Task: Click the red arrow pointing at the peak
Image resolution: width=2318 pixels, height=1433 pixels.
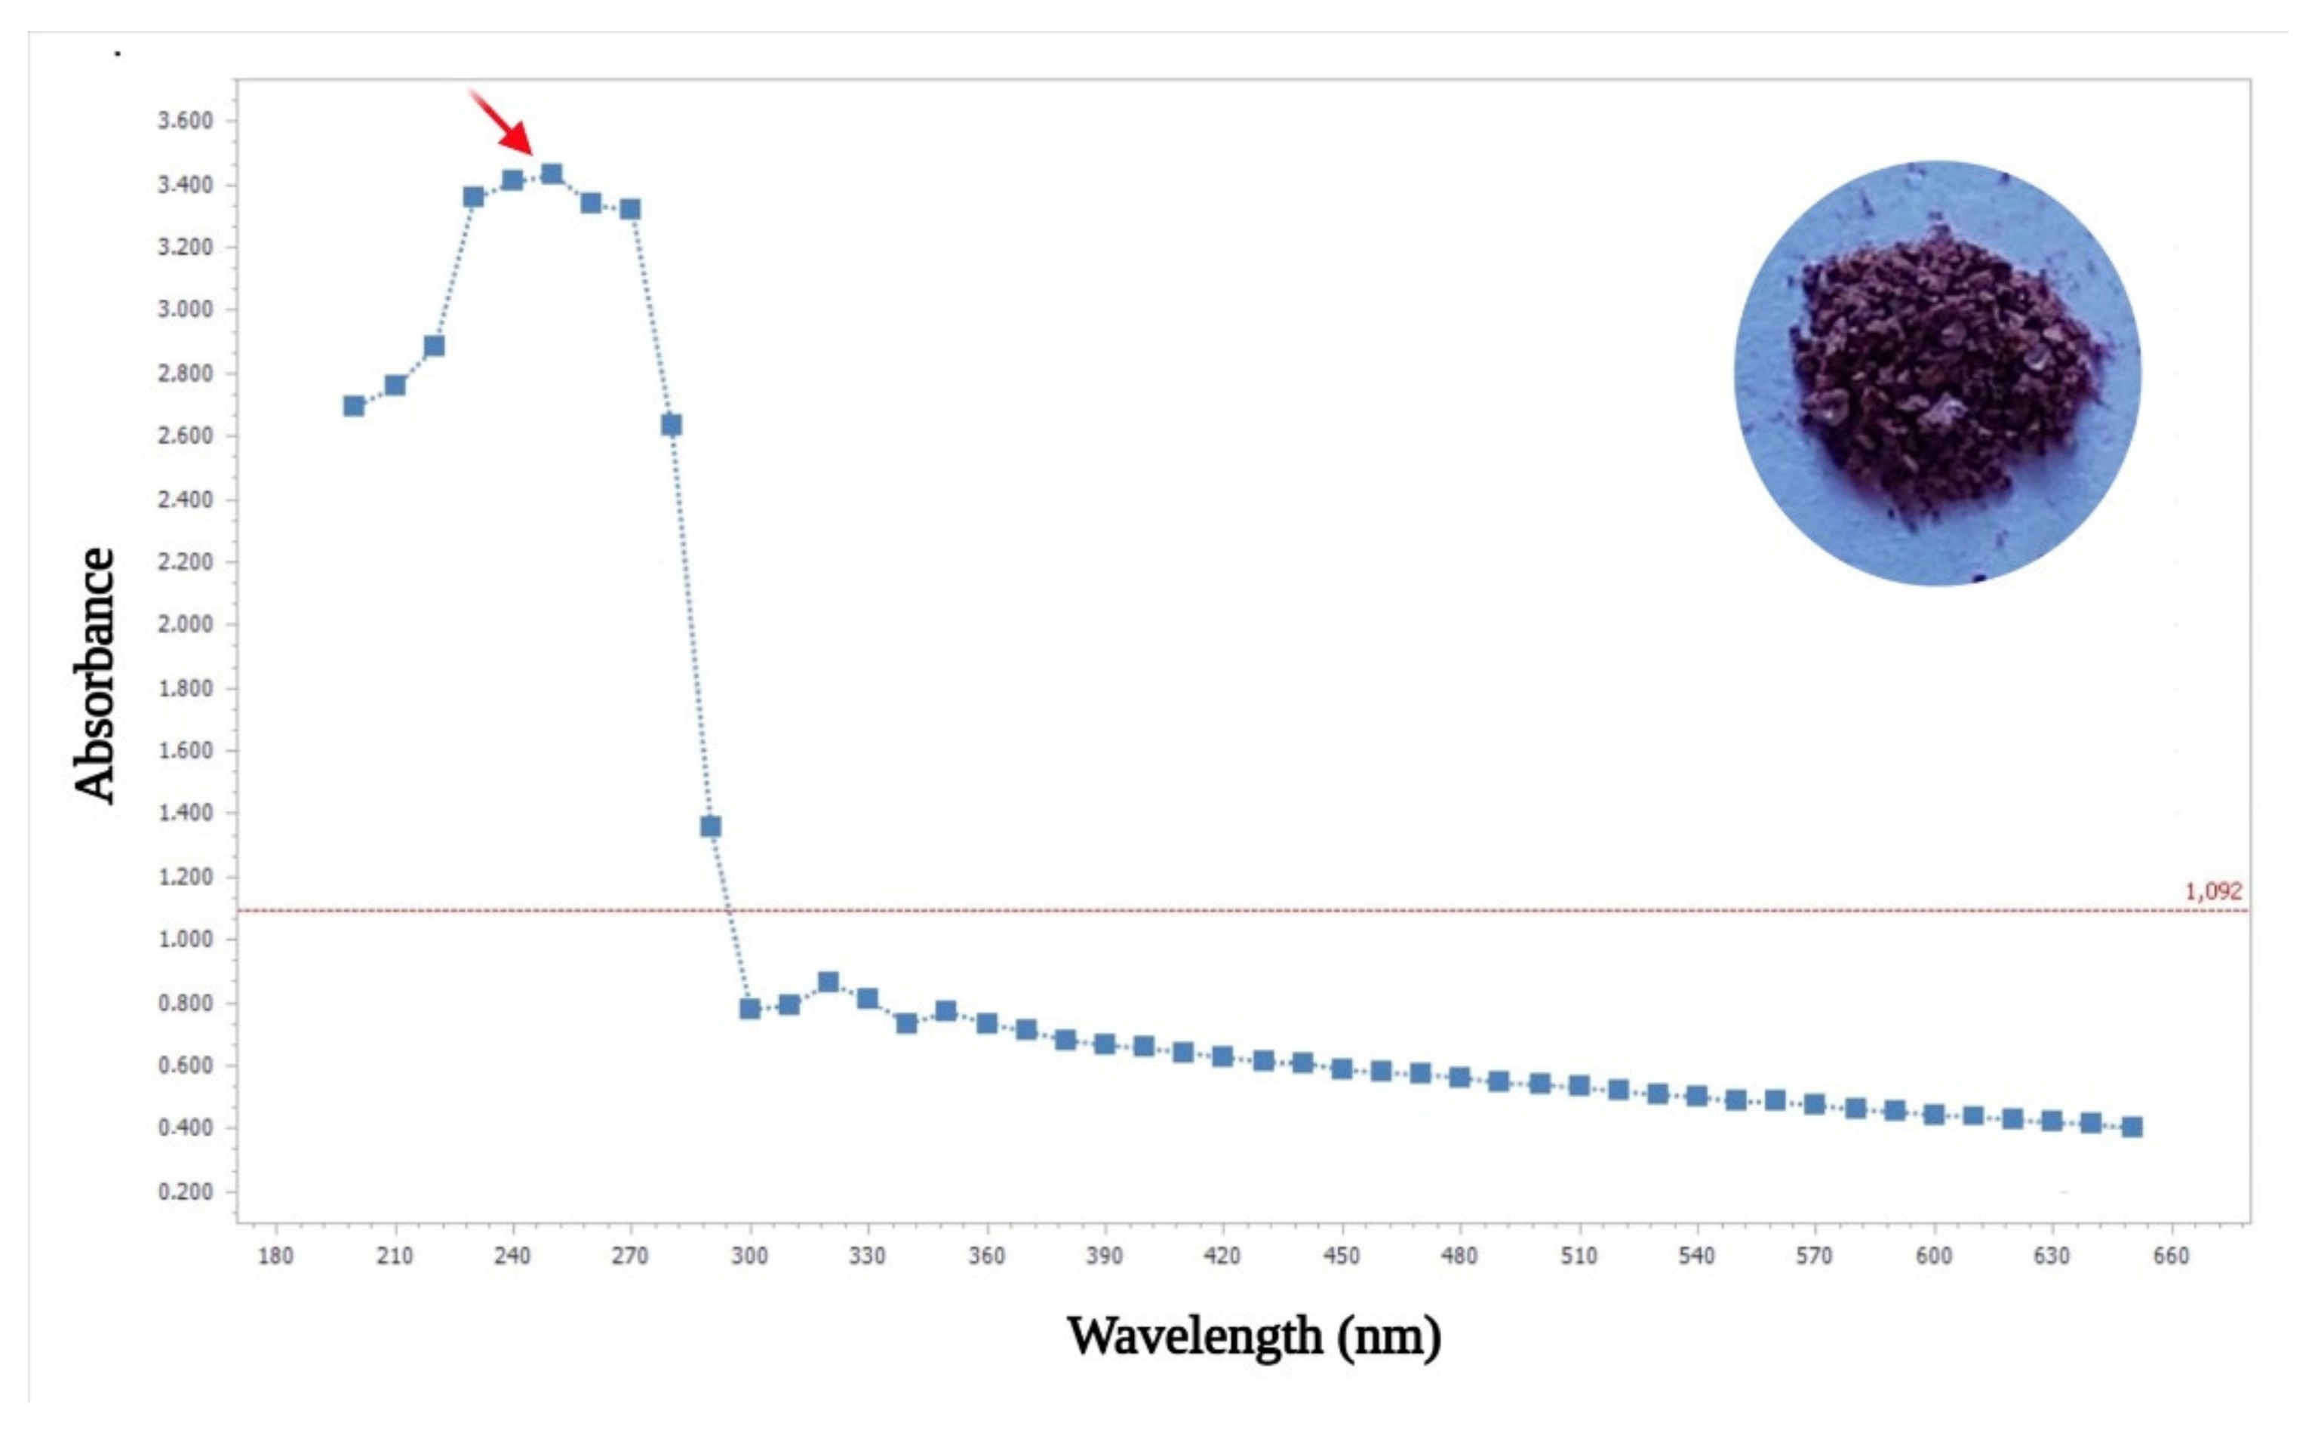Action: tap(503, 122)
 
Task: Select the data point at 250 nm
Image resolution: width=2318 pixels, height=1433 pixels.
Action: tap(552, 174)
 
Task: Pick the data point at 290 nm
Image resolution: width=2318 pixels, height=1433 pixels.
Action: tap(711, 826)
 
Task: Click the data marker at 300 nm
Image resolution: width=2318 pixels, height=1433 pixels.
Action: tap(749, 1008)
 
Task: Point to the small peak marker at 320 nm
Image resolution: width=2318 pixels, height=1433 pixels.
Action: tap(829, 982)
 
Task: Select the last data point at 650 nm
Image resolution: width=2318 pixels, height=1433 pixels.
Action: tap(2132, 1127)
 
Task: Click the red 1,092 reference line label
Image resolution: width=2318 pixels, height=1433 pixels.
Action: tap(2213, 892)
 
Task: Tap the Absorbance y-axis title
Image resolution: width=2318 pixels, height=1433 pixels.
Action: tap(95, 675)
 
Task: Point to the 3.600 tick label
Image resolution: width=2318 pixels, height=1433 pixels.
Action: tap(185, 121)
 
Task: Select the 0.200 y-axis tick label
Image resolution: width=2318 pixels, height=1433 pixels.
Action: tap(185, 1192)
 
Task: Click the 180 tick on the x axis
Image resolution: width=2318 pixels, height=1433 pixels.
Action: tap(275, 1256)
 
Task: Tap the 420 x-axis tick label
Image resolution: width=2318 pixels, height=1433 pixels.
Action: tap(1222, 1256)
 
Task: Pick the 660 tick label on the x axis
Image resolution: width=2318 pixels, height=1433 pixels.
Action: tap(2171, 1256)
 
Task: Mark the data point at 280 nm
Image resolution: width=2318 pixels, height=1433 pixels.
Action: tap(671, 425)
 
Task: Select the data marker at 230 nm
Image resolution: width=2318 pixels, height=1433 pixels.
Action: tap(473, 197)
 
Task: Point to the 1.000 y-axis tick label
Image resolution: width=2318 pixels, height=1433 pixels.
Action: tap(185, 939)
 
